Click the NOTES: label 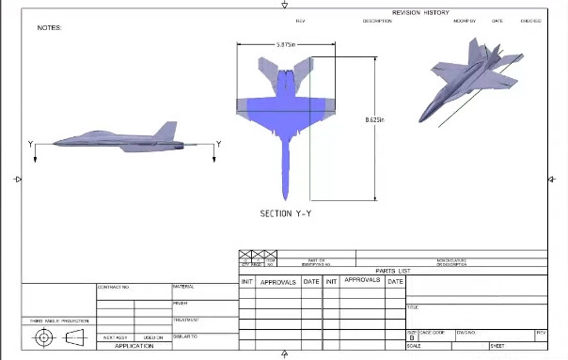pyautogui.click(x=49, y=28)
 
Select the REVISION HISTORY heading pyautogui.click(x=420, y=13)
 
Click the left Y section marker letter pyautogui.click(x=32, y=144)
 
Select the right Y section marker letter pyautogui.click(x=218, y=144)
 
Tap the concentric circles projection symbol pyautogui.click(x=44, y=338)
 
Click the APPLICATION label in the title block pyautogui.click(x=134, y=346)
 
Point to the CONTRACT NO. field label pyautogui.click(x=113, y=287)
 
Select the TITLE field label pyautogui.click(x=412, y=307)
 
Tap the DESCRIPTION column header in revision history pyautogui.click(x=377, y=21)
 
